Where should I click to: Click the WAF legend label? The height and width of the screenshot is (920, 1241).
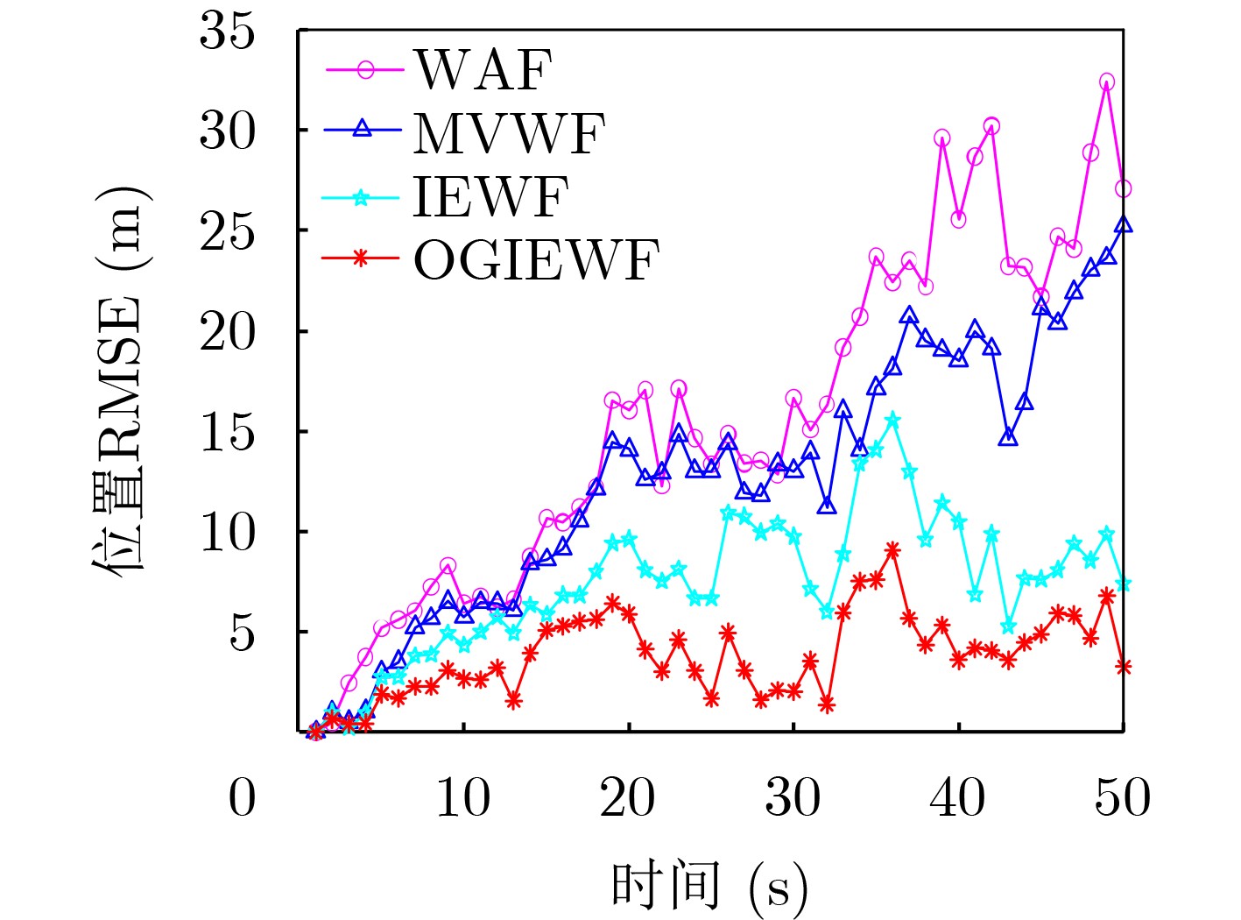(x=483, y=69)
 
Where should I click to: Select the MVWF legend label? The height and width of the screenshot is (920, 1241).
(x=509, y=133)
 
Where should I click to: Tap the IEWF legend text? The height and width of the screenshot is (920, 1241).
(x=490, y=196)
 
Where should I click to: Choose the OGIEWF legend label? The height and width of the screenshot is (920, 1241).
(x=535, y=260)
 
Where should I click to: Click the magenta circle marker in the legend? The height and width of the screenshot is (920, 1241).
(x=365, y=69)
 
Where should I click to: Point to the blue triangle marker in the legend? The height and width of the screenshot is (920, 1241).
(x=363, y=130)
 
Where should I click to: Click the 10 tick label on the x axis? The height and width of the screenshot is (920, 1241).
(x=462, y=798)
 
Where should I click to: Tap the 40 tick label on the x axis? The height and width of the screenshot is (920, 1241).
(x=958, y=798)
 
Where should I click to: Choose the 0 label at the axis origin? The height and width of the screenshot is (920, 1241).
(x=243, y=798)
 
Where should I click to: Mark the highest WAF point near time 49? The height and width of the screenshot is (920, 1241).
(x=1107, y=82)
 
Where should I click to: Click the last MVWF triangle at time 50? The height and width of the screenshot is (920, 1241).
(x=1124, y=225)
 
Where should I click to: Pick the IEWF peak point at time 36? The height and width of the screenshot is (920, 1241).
(x=892, y=421)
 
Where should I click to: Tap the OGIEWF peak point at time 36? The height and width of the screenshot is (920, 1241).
(x=892, y=550)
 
